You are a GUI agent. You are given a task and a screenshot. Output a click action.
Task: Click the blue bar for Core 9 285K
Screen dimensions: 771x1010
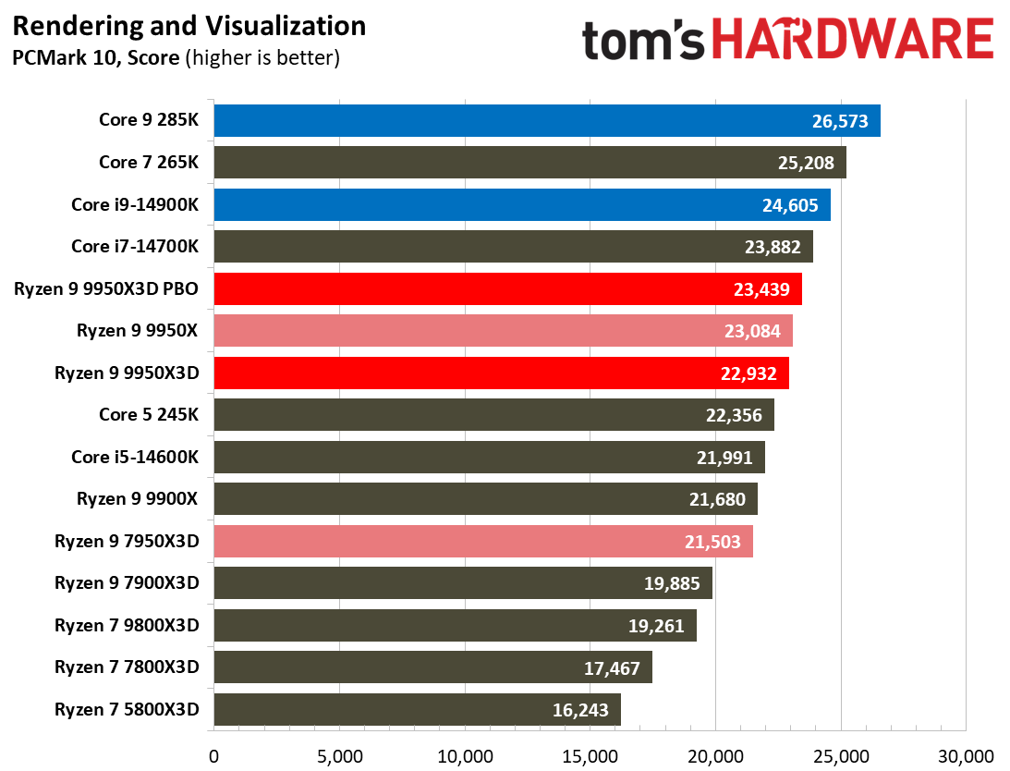click(546, 121)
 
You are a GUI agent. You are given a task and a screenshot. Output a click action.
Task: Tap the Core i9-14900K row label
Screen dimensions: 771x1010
click(135, 205)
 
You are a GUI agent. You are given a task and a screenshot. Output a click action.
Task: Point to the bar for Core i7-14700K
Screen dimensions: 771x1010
click(513, 248)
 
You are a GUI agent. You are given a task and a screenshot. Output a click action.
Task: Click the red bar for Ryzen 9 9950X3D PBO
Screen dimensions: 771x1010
click(507, 289)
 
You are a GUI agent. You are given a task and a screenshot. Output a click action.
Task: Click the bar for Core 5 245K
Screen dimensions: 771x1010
click(493, 415)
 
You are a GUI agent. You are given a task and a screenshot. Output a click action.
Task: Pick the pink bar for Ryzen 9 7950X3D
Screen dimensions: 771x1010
click(483, 542)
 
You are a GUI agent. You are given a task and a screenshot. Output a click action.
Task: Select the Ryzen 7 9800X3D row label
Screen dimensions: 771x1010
click(127, 626)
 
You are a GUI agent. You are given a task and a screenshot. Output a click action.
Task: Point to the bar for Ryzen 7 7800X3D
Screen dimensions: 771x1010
click(432, 667)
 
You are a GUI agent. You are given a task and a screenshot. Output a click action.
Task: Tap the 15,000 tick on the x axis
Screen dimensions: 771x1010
click(590, 755)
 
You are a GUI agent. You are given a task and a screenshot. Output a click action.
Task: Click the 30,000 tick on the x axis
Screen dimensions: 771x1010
click(965, 755)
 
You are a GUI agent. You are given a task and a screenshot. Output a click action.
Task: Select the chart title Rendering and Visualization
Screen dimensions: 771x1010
click(189, 26)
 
